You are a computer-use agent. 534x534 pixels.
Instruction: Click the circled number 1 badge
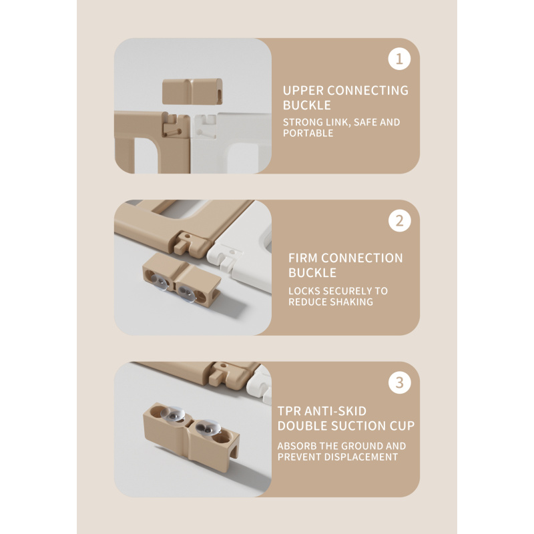[x=399, y=59]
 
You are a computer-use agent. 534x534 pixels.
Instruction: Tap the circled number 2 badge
[x=399, y=221]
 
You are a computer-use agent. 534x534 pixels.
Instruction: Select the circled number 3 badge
[x=399, y=382]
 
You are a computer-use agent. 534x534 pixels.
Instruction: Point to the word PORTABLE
[x=308, y=133]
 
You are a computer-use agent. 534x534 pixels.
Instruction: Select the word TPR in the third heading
[x=289, y=411]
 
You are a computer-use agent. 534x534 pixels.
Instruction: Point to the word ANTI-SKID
[x=335, y=411]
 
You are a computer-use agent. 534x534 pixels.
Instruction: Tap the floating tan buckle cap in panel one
[x=192, y=91]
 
